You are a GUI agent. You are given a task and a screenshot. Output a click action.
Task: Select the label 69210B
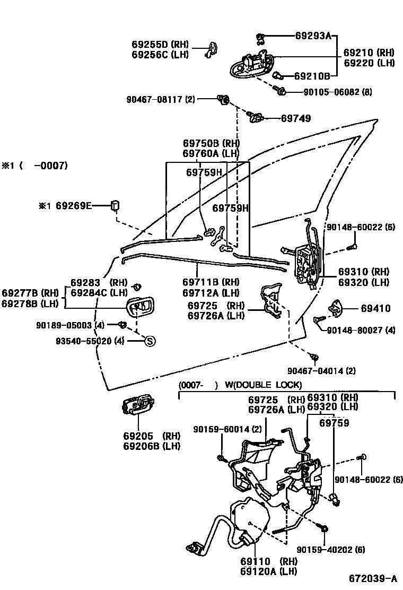pyautogui.click(x=312, y=76)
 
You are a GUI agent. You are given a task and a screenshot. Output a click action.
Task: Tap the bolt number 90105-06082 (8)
pyautogui.click(x=337, y=92)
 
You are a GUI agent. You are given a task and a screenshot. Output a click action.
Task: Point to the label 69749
pyautogui.click(x=296, y=118)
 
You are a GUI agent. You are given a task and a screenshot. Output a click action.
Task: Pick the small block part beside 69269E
pyautogui.click(x=115, y=205)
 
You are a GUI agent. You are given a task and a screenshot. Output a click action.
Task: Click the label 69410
pyautogui.click(x=375, y=308)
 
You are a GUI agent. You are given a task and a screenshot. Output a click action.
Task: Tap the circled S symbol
pyautogui.click(x=150, y=341)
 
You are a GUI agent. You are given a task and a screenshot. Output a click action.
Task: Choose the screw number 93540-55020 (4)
pyautogui.click(x=90, y=341)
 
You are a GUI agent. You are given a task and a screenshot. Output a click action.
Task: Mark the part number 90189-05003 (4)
pyautogui.click(x=78, y=325)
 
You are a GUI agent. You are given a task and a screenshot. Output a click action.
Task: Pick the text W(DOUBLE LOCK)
pyautogui.click(x=263, y=385)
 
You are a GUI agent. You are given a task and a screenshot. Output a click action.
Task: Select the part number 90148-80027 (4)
pyautogui.click(x=361, y=330)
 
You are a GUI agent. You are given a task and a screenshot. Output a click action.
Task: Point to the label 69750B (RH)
pyautogui.click(x=211, y=143)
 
